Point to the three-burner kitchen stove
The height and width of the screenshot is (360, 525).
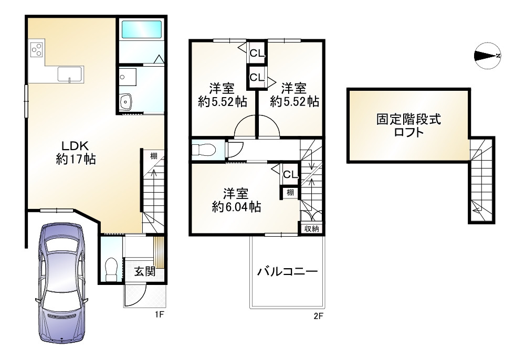pos(36,50)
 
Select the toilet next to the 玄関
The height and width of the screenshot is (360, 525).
pos(111,269)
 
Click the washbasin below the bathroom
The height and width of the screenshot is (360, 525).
pos(126,102)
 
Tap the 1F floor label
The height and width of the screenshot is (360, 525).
pos(160,316)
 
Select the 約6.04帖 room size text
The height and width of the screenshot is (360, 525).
pos(237,207)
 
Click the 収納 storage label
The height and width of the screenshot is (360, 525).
pos(312,228)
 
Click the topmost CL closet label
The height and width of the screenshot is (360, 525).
pos(256,52)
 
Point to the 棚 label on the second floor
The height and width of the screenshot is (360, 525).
pos(290,193)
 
